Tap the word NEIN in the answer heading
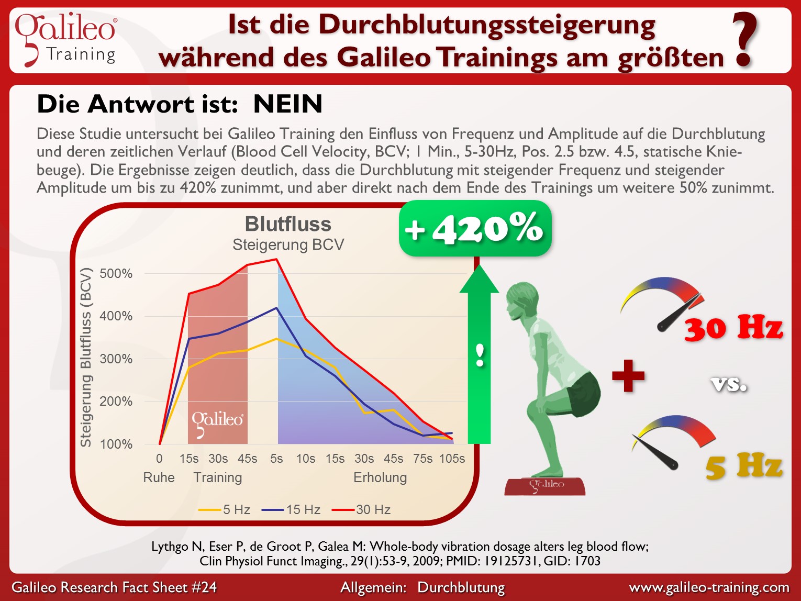coord(287,104)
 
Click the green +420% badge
coord(475,229)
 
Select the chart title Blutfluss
coord(288,224)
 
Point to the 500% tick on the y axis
coord(116,274)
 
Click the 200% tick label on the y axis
coord(116,402)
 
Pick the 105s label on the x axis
coord(452,459)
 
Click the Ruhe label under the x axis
coord(159,477)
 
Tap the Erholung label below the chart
coord(380,477)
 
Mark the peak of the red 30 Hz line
coord(276,259)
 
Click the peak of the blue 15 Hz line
coord(277,308)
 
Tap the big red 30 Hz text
coord(733,328)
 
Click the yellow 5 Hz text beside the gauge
coord(743,466)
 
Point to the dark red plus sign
coord(628,376)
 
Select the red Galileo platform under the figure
coord(544,486)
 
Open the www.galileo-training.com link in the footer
coord(709,587)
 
